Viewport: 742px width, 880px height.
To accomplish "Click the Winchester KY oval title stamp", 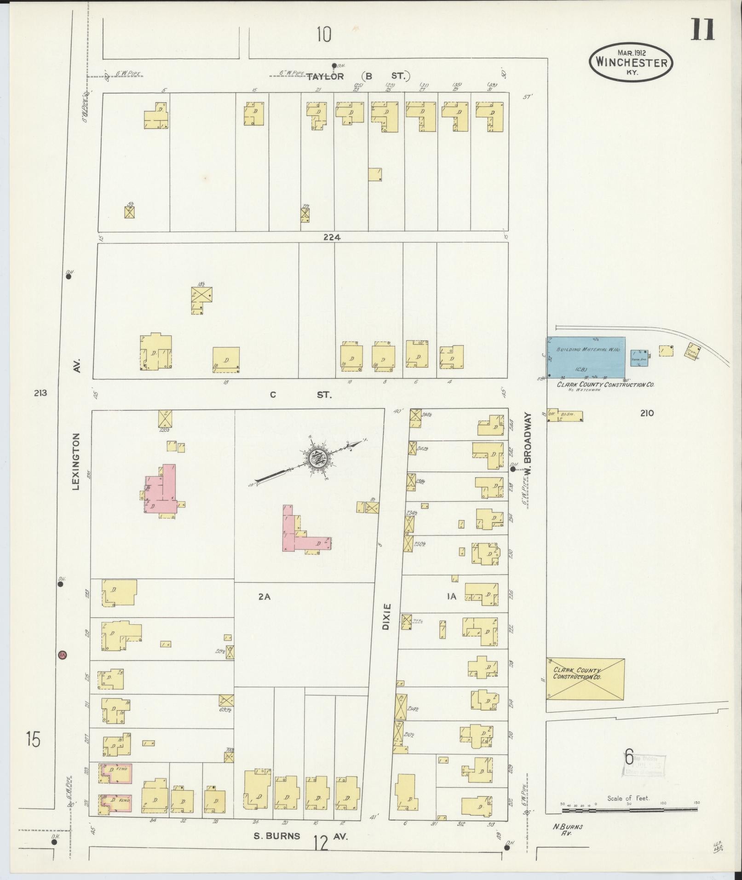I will pos(631,62).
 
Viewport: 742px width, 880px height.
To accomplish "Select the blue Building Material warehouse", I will pos(586,357).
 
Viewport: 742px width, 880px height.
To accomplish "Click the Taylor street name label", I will pos(325,76).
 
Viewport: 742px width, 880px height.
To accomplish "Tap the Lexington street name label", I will pos(76,461).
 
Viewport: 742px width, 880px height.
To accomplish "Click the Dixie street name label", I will pos(386,617).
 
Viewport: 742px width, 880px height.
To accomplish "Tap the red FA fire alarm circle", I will pos(63,655).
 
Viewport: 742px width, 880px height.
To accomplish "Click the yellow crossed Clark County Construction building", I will pos(585,679).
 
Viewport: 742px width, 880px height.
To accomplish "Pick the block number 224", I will pos(332,237).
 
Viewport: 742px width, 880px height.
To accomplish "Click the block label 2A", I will pos(264,597).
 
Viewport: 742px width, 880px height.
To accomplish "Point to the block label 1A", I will pos(451,597).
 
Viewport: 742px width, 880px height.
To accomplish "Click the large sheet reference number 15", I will pos(33,740).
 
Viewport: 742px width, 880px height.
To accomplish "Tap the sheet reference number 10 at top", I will pos(324,35).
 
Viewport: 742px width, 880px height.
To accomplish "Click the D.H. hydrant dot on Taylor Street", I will pos(334,65).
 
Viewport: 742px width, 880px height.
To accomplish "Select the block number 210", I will pos(646,413).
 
